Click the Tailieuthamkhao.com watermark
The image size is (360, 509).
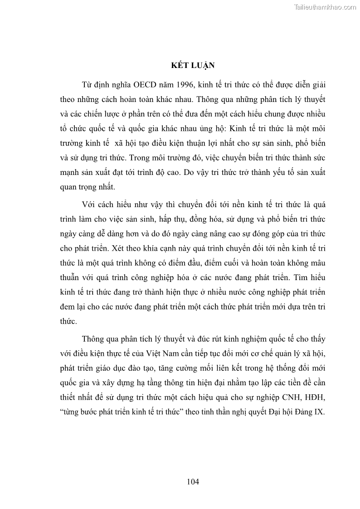pyautogui.click(x=325, y=7)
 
